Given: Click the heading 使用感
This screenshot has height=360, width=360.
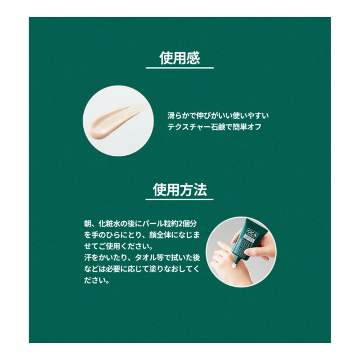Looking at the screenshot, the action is (x=179, y=58).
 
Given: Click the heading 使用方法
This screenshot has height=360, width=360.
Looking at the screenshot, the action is (x=180, y=190).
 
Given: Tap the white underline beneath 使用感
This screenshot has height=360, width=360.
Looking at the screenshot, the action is (x=179, y=67).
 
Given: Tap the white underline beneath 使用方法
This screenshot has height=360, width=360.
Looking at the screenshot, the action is (x=179, y=199).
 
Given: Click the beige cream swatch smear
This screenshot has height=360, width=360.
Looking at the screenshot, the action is (x=115, y=121).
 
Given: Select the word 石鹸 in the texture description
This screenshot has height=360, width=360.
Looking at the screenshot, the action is (x=218, y=127).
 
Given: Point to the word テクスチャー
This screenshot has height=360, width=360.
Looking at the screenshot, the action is (x=189, y=127).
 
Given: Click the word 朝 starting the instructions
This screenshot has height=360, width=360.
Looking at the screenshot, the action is (x=88, y=223).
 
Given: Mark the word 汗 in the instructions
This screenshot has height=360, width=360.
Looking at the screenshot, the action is (x=88, y=258).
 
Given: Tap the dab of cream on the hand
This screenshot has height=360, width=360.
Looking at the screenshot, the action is (x=234, y=266).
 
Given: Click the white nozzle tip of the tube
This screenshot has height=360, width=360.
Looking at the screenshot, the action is (x=236, y=261).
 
